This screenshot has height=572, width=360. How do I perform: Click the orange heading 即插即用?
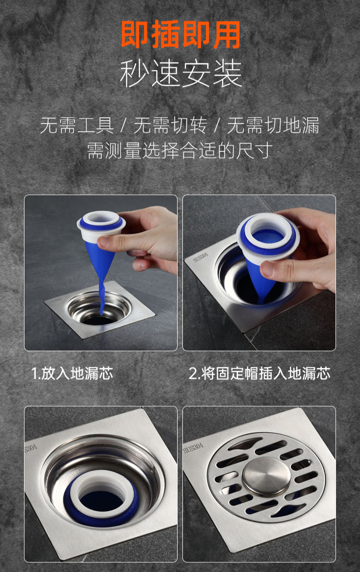coord(180,35)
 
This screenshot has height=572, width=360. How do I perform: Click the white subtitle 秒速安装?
coord(180,73)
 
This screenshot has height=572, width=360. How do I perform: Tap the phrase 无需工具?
coord(77,126)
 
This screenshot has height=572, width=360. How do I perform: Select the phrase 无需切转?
coord(170,126)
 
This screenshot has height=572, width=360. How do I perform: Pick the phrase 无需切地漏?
coord(273,126)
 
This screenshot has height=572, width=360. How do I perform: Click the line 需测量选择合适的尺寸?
coord(180,150)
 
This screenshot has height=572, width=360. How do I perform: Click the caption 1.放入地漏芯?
coord(72,374)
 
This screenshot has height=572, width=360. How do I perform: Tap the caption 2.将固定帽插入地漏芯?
coord(259,374)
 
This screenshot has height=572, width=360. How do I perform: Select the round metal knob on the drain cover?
coord(266,476)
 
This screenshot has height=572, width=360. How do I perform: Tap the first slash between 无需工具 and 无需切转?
coord(124,126)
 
